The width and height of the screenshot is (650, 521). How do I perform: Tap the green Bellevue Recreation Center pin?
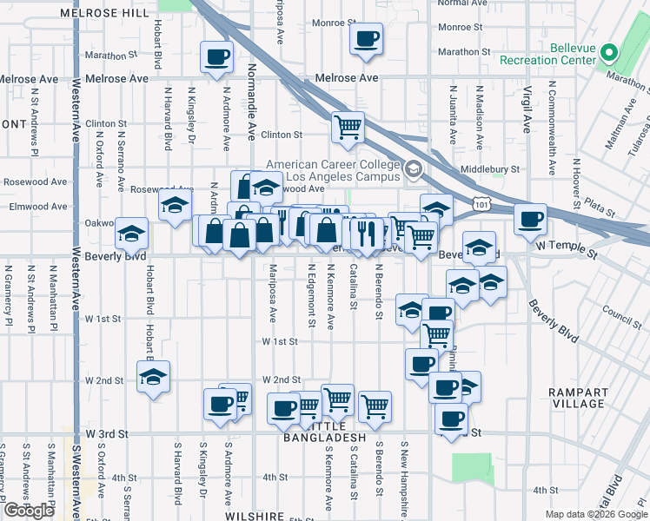pos(609,53)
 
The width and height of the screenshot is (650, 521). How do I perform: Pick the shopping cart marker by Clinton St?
pos(348,127)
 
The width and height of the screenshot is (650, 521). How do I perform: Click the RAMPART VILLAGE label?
pos(579,398)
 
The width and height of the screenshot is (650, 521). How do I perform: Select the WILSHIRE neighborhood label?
pos(255,516)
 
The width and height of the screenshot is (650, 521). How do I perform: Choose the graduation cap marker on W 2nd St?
pos(153,378)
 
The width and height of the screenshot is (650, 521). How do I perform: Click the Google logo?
pos(29,511)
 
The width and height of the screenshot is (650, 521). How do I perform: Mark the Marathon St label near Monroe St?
pos(459,52)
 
